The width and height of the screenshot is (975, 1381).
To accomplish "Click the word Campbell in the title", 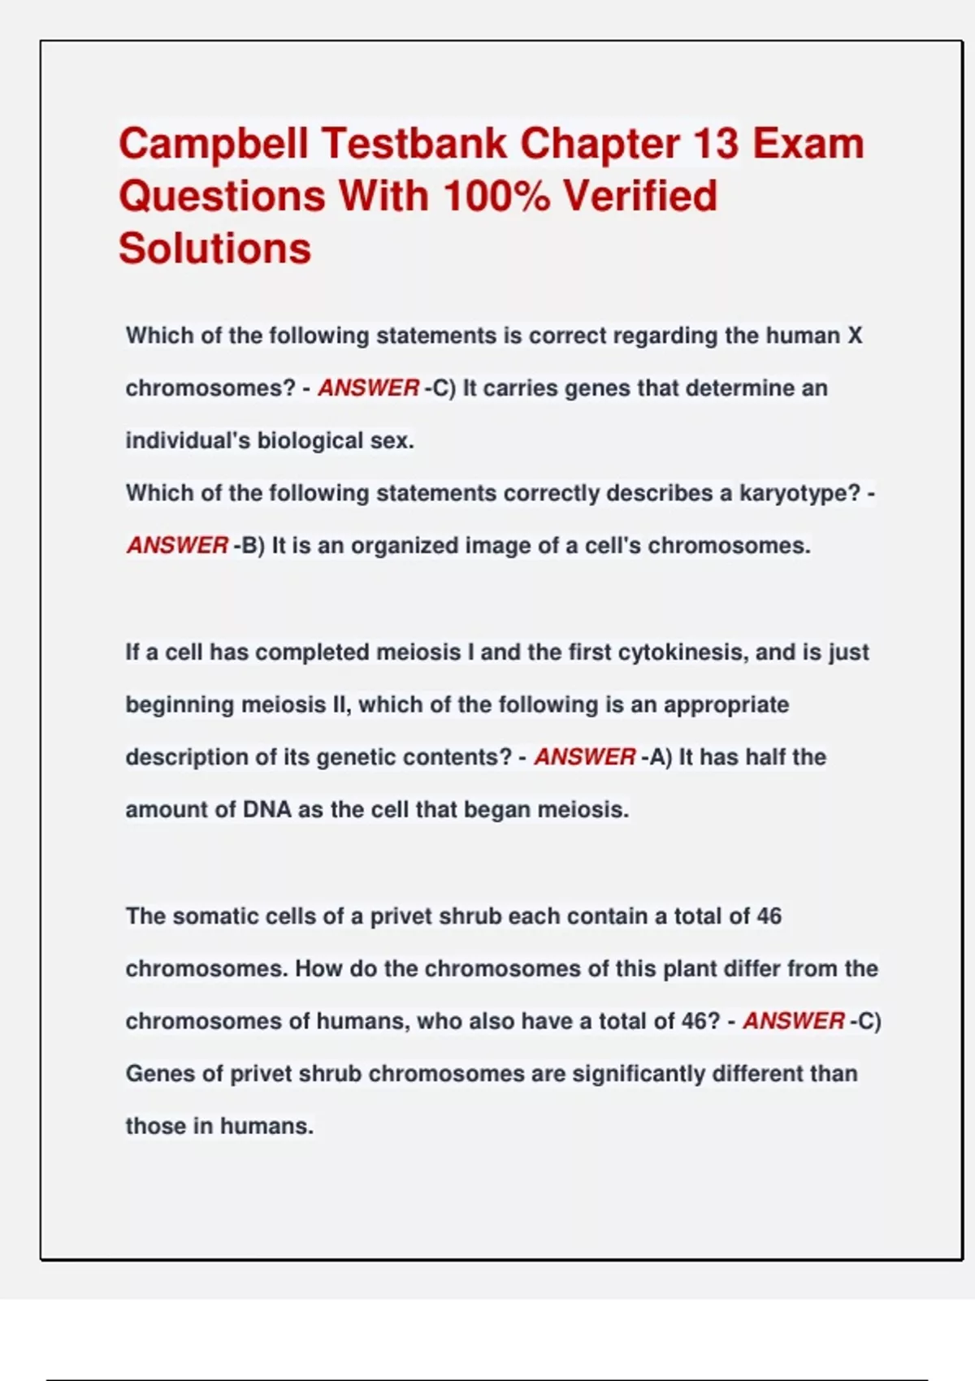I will pyautogui.click(x=214, y=145).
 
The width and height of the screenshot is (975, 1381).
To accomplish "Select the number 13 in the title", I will pyautogui.click(x=716, y=144).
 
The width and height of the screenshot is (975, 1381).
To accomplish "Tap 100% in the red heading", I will pyautogui.click(x=496, y=197).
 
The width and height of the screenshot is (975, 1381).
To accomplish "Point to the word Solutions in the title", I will pyautogui.click(x=215, y=249).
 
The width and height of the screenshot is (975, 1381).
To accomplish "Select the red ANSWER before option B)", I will pyautogui.click(x=177, y=545).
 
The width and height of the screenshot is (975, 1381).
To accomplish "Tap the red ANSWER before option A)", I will pyautogui.click(x=584, y=757).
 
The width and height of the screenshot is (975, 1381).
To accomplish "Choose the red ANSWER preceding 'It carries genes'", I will pyautogui.click(x=368, y=388).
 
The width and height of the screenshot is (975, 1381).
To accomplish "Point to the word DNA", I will pyautogui.click(x=266, y=810).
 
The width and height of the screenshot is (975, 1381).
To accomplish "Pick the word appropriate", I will pyautogui.click(x=726, y=704).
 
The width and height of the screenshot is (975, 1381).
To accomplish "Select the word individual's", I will pyautogui.click(x=188, y=440).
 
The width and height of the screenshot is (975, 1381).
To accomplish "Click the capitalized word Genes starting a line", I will pyautogui.click(x=159, y=1074).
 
